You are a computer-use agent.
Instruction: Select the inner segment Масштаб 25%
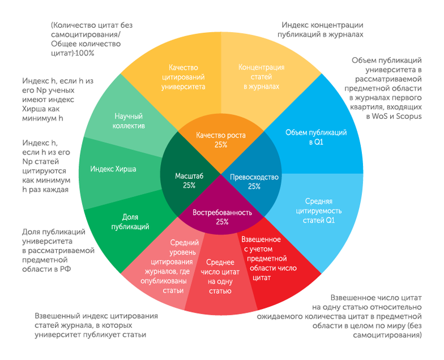[185, 181]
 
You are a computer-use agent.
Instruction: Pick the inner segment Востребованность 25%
[221, 217]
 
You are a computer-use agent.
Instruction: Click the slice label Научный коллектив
[130, 120]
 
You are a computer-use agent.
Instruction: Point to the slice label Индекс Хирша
[113, 169]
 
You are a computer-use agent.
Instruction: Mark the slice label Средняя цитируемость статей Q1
[319, 211]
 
